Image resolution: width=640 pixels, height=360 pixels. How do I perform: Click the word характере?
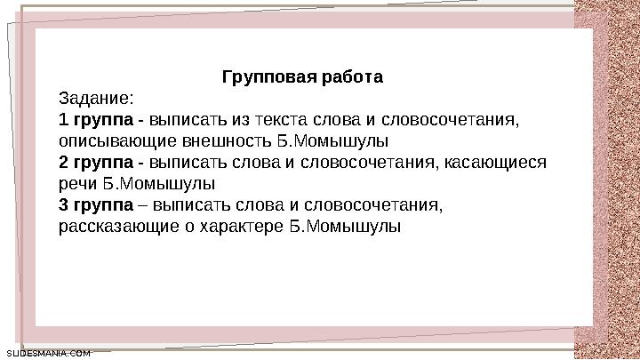tap(250, 227)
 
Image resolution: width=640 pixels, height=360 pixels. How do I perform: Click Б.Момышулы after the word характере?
tap(346, 227)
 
